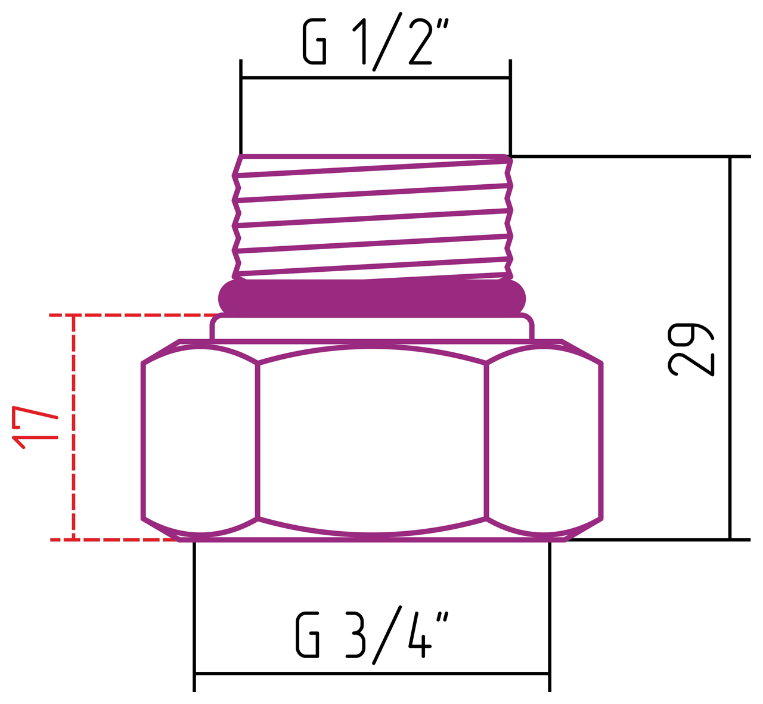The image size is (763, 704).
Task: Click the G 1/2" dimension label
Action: (374, 43)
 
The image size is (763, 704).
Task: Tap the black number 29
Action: (690, 350)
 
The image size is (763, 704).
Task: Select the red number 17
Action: (35, 427)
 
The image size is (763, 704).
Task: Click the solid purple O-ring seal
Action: (372, 296)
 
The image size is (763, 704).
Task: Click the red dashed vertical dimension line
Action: (73, 427)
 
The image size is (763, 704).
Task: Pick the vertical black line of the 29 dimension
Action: (730, 349)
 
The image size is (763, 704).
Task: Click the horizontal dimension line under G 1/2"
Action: (376, 77)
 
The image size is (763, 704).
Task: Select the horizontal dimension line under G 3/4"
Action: (372, 674)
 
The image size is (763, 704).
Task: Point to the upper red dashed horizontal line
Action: (131, 315)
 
